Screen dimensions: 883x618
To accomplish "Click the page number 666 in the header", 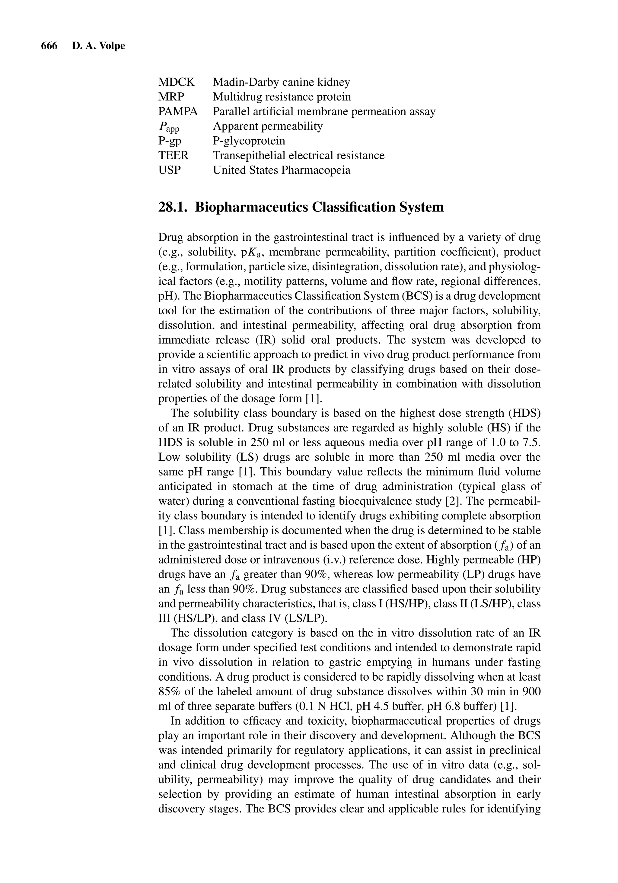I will coord(49,46).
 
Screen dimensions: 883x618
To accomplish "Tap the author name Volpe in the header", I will coord(112,46).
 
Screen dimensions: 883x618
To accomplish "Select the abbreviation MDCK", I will coord(177,82).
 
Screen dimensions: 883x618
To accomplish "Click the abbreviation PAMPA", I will coord(178,112).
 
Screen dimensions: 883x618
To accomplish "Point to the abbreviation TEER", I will coord(174,155).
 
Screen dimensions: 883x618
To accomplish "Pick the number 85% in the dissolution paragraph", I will coord(169,692).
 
